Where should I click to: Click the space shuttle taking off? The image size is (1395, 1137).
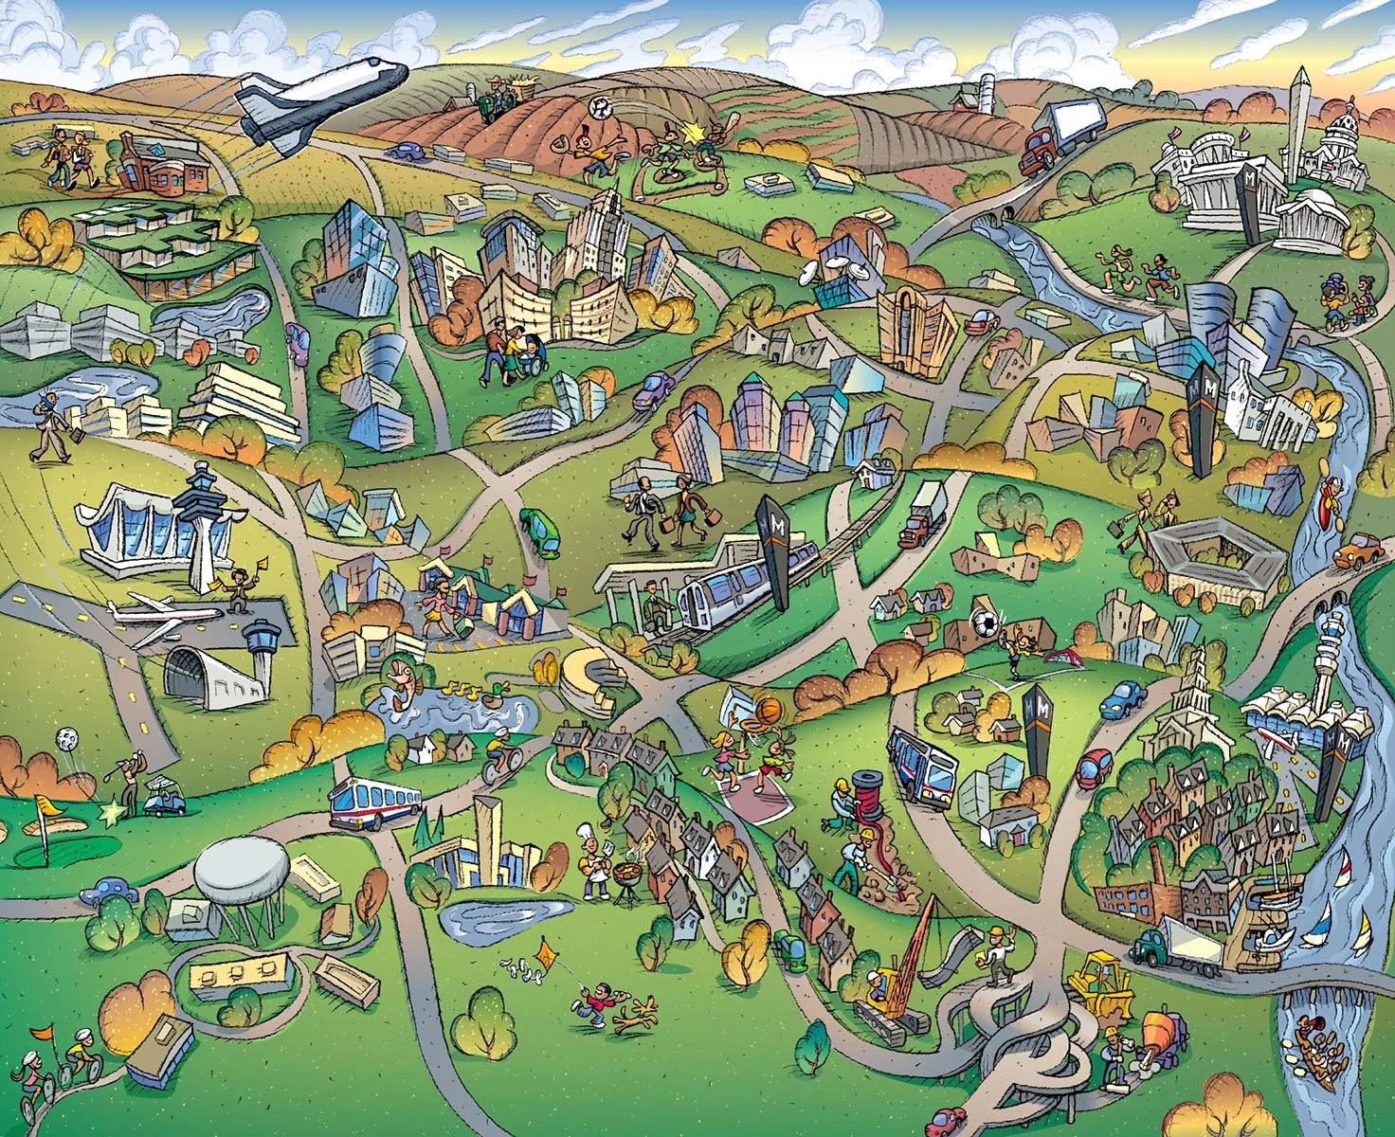tap(317, 99)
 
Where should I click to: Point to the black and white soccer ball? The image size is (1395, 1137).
tap(987, 623)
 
